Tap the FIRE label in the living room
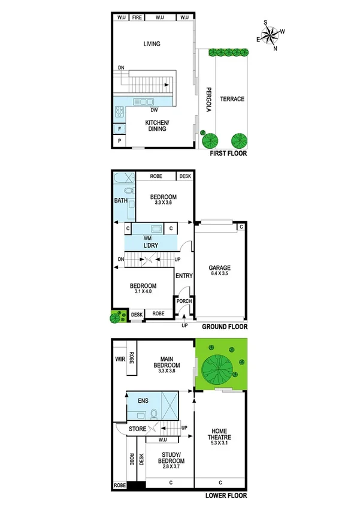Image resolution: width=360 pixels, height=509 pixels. tap(137, 17)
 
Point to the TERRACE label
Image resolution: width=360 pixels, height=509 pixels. tap(231, 99)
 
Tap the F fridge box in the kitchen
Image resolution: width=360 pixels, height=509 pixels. tap(120, 128)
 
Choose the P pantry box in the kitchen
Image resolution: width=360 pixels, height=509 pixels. tap(120, 141)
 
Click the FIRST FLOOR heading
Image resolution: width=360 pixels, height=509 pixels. tap(228, 153)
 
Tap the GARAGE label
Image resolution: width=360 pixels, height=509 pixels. tap(220, 268)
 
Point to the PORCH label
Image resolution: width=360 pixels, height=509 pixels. tap(183, 301)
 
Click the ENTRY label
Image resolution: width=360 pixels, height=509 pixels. tap(183, 276)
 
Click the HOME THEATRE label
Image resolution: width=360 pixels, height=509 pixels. tap(220, 433)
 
